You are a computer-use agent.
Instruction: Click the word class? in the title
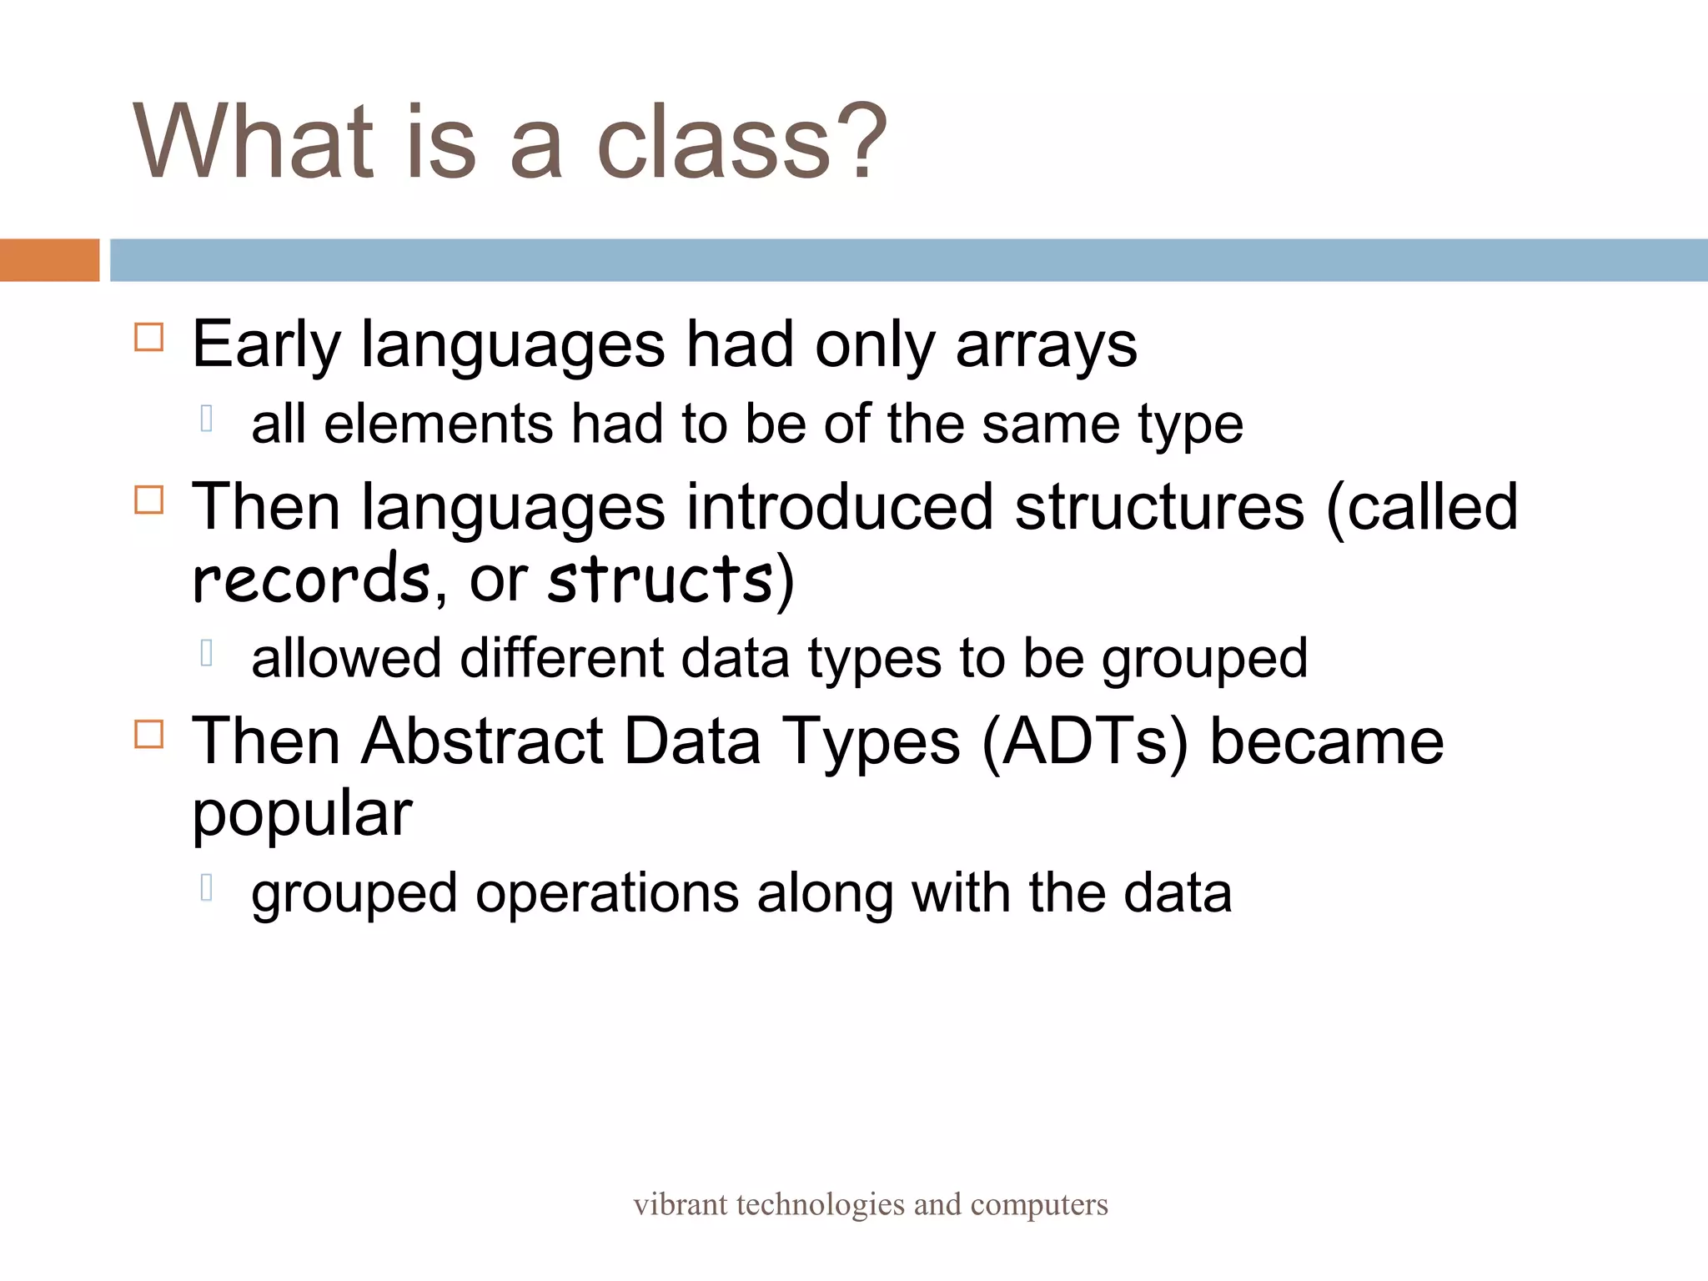[741, 142]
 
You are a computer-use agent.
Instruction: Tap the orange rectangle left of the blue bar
[49, 260]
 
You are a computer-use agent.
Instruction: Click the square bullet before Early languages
[148, 337]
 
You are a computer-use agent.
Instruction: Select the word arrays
[1046, 345]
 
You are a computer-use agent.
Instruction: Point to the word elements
[437, 424]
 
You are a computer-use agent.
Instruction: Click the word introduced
[839, 507]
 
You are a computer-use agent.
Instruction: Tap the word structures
[1159, 507]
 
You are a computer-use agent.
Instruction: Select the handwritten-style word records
[310, 579]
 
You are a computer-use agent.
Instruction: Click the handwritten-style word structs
[659, 579]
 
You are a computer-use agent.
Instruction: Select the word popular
[302, 814]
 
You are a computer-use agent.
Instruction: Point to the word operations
[606, 893]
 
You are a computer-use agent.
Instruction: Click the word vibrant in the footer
[680, 1204]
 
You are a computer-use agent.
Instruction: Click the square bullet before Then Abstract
[148, 734]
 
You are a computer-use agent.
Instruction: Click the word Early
[266, 345]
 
